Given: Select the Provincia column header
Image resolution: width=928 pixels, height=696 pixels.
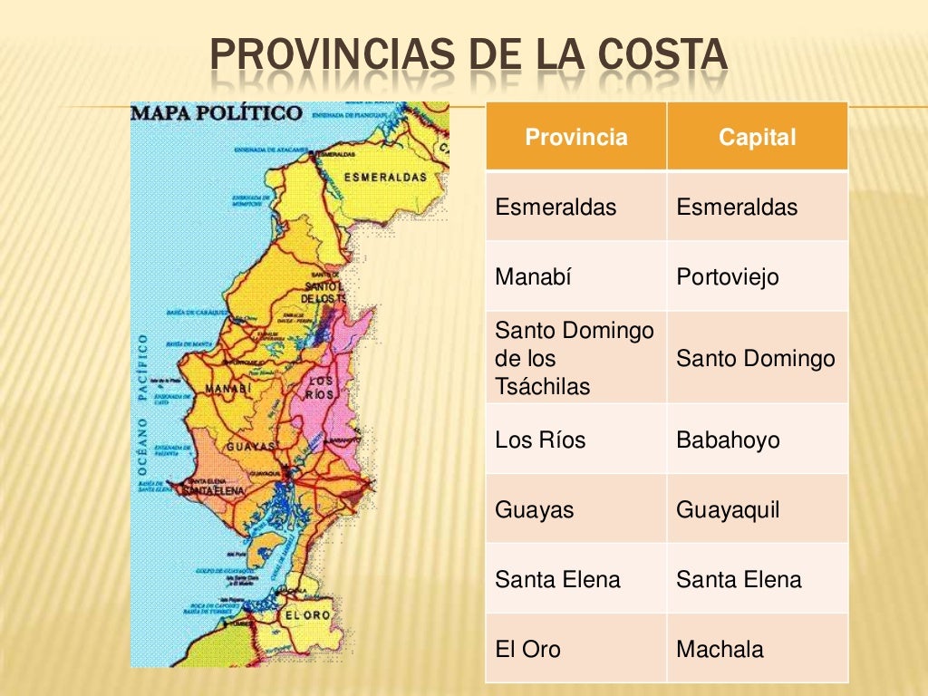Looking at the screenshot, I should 576,138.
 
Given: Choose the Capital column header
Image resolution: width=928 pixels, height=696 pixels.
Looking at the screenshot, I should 757,138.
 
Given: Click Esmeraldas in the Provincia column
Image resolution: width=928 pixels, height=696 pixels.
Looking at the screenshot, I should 556,208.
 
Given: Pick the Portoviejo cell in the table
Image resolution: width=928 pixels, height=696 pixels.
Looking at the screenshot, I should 727,276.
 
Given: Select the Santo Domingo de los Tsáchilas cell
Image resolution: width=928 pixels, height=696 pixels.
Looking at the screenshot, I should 575,358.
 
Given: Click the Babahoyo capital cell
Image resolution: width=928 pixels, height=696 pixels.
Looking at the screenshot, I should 728,440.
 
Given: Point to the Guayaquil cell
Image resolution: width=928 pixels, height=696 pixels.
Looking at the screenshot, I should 728,509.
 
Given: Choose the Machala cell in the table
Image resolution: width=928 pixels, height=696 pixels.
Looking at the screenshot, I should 720,649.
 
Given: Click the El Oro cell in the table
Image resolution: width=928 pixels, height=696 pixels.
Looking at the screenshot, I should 527,649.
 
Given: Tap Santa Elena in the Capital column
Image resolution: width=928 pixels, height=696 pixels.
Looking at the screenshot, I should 739,579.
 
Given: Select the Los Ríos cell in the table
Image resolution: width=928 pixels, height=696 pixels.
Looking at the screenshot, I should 540,440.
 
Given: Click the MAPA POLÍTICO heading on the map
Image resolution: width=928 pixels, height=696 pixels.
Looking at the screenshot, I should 217,114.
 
